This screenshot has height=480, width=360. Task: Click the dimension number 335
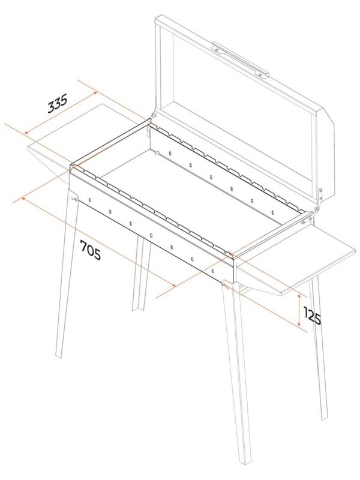click(57, 103)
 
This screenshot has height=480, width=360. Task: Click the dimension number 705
click(91, 250)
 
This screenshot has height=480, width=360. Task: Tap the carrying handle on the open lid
click(241, 59)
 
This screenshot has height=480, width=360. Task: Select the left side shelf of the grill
click(77, 138)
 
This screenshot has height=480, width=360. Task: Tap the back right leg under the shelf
click(319, 347)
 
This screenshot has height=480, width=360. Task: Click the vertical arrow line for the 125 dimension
click(299, 310)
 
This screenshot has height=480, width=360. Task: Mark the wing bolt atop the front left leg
click(74, 199)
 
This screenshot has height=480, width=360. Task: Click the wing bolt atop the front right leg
click(226, 286)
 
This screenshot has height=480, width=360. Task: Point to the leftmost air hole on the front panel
click(89, 200)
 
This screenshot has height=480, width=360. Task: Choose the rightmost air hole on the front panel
click(213, 271)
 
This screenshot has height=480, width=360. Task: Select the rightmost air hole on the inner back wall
click(273, 212)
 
